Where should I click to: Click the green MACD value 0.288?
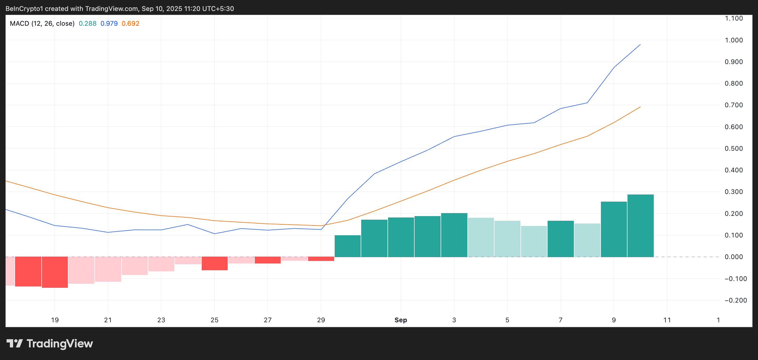[87, 24]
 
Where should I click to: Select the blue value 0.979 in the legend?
[109, 24]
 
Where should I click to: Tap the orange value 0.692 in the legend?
[130, 24]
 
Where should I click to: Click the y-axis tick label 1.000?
[734, 40]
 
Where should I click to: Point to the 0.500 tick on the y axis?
[734, 149]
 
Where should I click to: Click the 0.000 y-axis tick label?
[734, 257]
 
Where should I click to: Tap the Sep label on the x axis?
[400, 320]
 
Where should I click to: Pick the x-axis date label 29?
[321, 320]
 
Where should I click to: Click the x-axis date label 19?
[55, 320]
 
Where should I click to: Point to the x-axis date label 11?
[667, 320]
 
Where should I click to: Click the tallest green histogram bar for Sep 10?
[640, 226]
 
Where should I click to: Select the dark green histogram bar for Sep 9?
[614, 230]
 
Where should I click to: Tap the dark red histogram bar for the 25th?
[215, 263]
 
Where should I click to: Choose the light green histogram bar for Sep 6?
[534, 242]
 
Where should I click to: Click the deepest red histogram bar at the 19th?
[55, 272]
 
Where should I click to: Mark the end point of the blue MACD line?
[640, 45]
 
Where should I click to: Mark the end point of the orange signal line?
[640, 107]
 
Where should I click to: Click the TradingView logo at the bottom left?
[50, 344]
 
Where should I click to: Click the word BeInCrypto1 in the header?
[24, 8]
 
